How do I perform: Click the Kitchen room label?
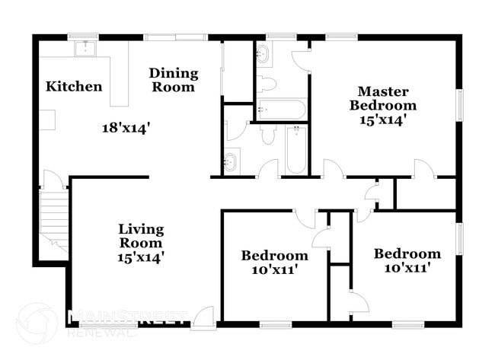[74, 86]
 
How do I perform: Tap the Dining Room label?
[173, 80]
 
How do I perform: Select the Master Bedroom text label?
[382, 97]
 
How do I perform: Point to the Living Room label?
[141, 236]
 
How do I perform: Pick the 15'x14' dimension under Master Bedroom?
[382, 119]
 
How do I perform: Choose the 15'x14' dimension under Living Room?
[141, 257]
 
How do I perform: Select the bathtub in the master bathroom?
[281, 109]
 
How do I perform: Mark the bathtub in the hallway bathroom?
[295, 149]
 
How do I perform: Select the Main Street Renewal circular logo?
[37, 323]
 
